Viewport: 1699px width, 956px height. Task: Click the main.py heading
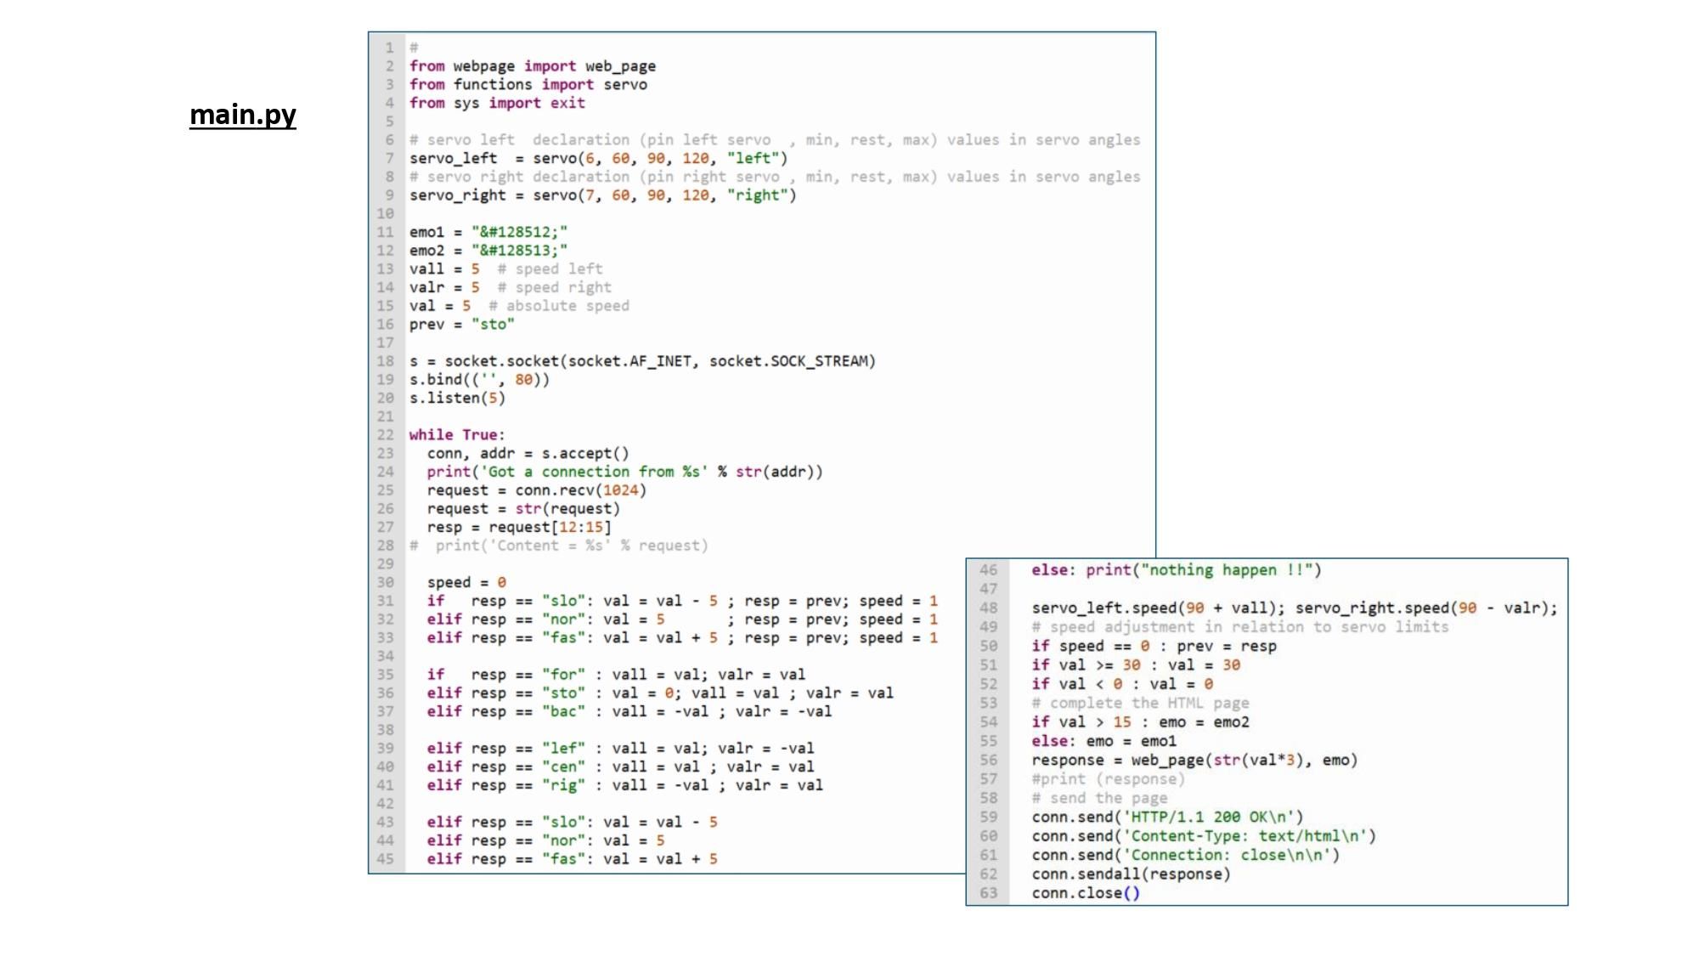243,115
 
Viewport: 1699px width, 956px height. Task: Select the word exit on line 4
567,103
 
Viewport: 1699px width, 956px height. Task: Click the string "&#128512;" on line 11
519,232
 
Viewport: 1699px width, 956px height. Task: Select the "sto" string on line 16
493,325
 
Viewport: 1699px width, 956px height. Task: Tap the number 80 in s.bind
523,380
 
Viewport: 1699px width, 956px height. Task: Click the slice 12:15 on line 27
581,528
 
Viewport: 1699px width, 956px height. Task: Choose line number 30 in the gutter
386,583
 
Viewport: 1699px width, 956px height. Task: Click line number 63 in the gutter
989,893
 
